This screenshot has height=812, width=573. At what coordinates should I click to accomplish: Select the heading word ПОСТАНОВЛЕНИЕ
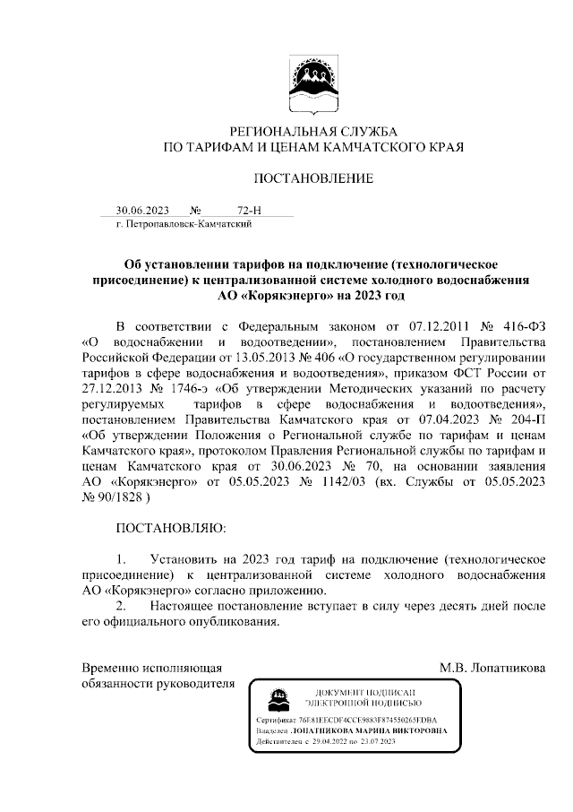coord(312,178)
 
